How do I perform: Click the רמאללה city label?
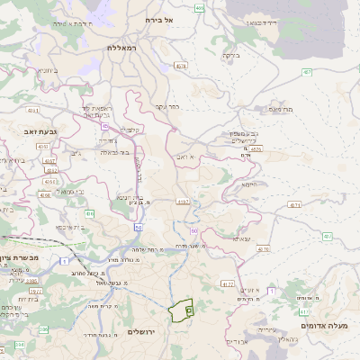(x=125, y=47)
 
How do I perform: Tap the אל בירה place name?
(x=175, y=18)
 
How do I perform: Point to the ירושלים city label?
(x=142, y=332)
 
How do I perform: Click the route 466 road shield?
(x=198, y=7)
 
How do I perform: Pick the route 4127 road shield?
(x=228, y=283)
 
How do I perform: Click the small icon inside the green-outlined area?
(x=189, y=310)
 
